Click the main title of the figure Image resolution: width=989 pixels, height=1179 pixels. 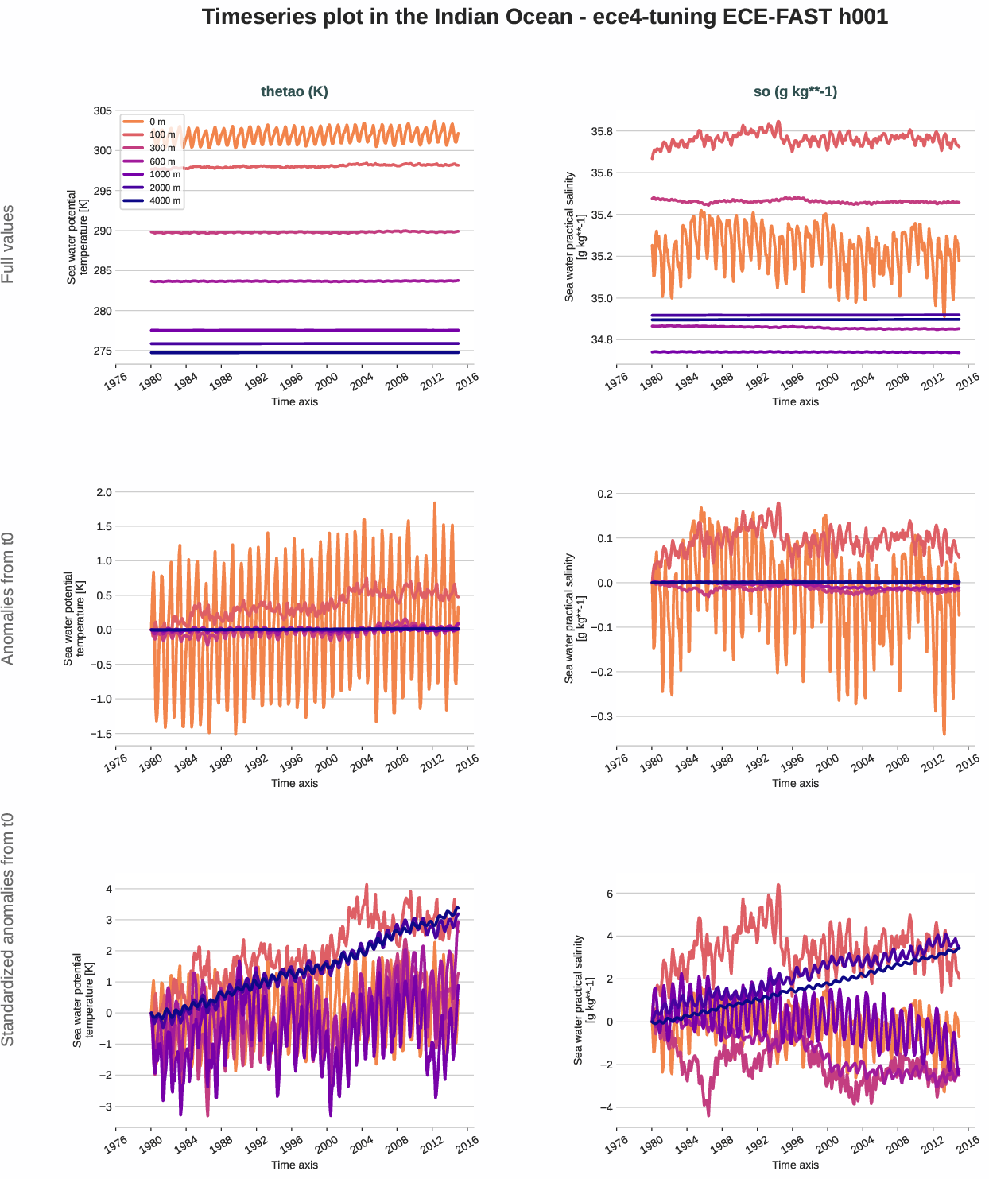(545, 17)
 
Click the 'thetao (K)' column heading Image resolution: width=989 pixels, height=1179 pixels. (294, 91)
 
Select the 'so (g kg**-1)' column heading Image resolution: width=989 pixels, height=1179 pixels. (795, 91)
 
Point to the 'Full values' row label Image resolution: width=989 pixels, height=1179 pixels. (8, 244)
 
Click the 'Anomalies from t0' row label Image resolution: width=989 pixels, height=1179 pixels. (8, 598)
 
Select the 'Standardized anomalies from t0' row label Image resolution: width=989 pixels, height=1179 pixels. (8, 929)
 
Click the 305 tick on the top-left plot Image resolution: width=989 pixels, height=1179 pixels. (103, 111)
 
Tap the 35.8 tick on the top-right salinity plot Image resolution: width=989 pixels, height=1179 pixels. (602, 131)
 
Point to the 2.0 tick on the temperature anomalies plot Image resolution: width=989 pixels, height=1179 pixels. (104, 492)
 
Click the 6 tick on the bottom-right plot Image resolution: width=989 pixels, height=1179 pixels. (609, 894)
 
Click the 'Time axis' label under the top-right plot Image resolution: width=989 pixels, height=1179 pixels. (795, 401)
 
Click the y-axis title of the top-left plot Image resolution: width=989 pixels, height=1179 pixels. (77, 237)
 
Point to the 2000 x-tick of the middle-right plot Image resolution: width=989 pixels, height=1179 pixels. (827, 762)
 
